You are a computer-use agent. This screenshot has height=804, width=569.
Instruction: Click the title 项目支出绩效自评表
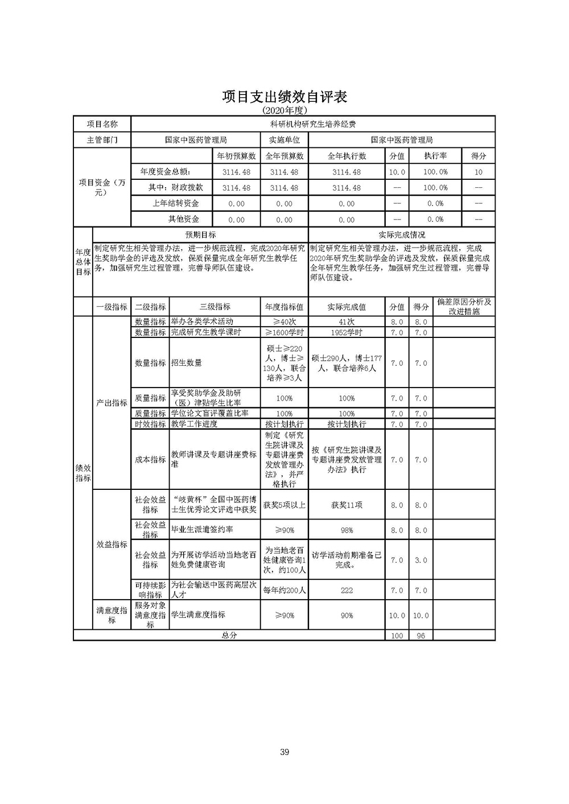pos(284,97)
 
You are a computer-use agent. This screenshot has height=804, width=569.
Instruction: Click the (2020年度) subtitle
pos(284,110)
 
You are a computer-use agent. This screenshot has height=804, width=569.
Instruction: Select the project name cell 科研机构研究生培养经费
pos(312,124)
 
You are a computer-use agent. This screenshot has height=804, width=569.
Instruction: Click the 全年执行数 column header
pos(347,156)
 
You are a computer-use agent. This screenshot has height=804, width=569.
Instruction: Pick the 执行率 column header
pos(435,156)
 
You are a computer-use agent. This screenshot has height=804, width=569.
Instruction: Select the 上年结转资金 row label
pos(176,203)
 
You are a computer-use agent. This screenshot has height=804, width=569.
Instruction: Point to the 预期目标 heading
pos(200,234)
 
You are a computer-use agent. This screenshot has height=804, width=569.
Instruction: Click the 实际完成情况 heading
pos(402,234)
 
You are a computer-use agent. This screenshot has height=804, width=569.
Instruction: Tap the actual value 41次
pos(347,321)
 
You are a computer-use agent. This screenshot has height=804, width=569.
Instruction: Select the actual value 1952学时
pos(347,332)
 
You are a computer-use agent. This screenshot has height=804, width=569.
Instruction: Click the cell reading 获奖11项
pos(347,505)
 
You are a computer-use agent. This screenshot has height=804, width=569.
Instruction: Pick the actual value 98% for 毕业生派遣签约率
pos(347,530)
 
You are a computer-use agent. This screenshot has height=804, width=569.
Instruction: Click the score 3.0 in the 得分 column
pos(420,560)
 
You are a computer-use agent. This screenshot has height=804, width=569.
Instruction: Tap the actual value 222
pos(347,590)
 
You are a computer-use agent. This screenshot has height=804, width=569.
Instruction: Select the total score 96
pos(420,636)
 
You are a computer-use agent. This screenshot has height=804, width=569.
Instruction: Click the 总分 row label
pos(229,636)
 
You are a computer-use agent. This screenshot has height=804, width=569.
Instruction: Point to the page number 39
pos(284,752)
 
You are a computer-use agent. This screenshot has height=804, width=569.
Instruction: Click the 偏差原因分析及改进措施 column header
pos(464,307)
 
